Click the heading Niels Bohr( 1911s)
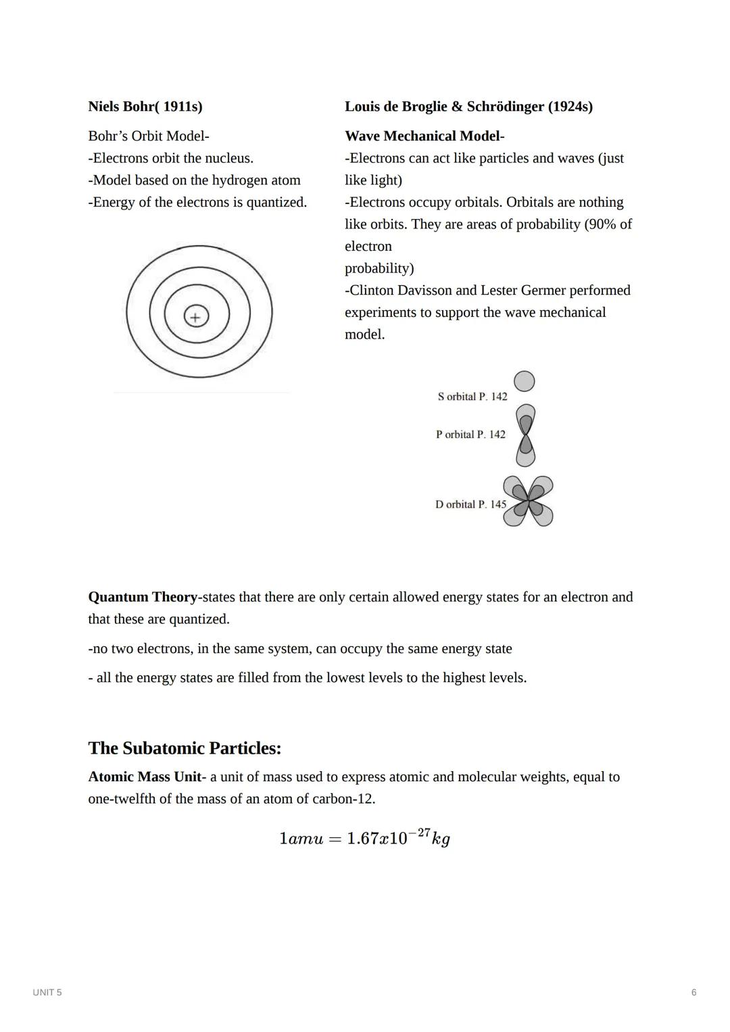(145, 107)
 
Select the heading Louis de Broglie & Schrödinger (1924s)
(468, 107)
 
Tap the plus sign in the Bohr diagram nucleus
(196, 316)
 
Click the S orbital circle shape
(525, 381)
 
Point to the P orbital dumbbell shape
(525, 435)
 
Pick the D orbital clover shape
(528, 501)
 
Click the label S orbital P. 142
(472, 397)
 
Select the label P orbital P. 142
(470, 435)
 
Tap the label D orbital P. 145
(470, 505)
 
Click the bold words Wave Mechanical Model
(422, 137)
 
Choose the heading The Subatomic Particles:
(185, 748)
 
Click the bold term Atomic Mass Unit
(145, 777)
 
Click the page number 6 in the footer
(693, 992)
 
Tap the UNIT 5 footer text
(47, 992)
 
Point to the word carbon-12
(343, 799)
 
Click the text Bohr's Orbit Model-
(149, 137)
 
